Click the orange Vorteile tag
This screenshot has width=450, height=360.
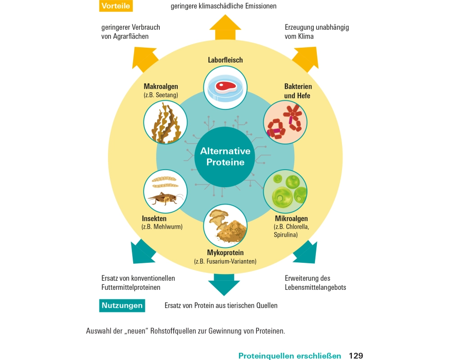tap(116, 6)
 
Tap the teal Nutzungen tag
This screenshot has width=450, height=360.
tap(122, 306)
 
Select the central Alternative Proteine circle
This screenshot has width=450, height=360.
tap(225, 156)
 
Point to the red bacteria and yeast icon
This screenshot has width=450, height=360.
tap(285, 122)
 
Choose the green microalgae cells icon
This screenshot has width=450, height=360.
tap(285, 191)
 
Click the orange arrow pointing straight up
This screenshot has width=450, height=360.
tap(225, 28)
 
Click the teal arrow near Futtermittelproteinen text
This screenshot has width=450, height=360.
tap(143, 252)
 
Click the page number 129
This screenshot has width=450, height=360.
tap(355, 356)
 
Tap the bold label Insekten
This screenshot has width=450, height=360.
tap(154, 218)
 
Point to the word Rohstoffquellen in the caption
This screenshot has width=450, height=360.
tap(179, 331)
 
